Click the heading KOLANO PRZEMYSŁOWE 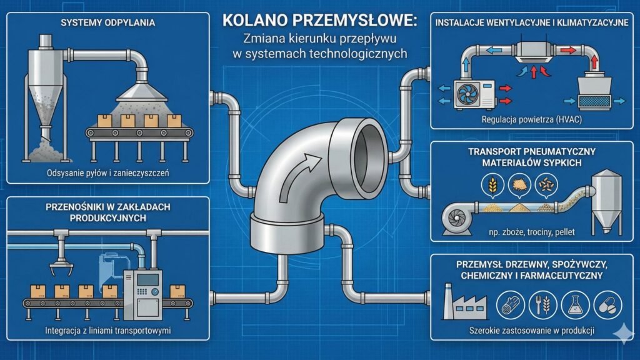coord(319,21)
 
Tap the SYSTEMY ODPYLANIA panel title coord(108,23)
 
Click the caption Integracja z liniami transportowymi coord(108,330)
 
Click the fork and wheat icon coord(541,304)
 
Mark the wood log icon coord(508,304)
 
